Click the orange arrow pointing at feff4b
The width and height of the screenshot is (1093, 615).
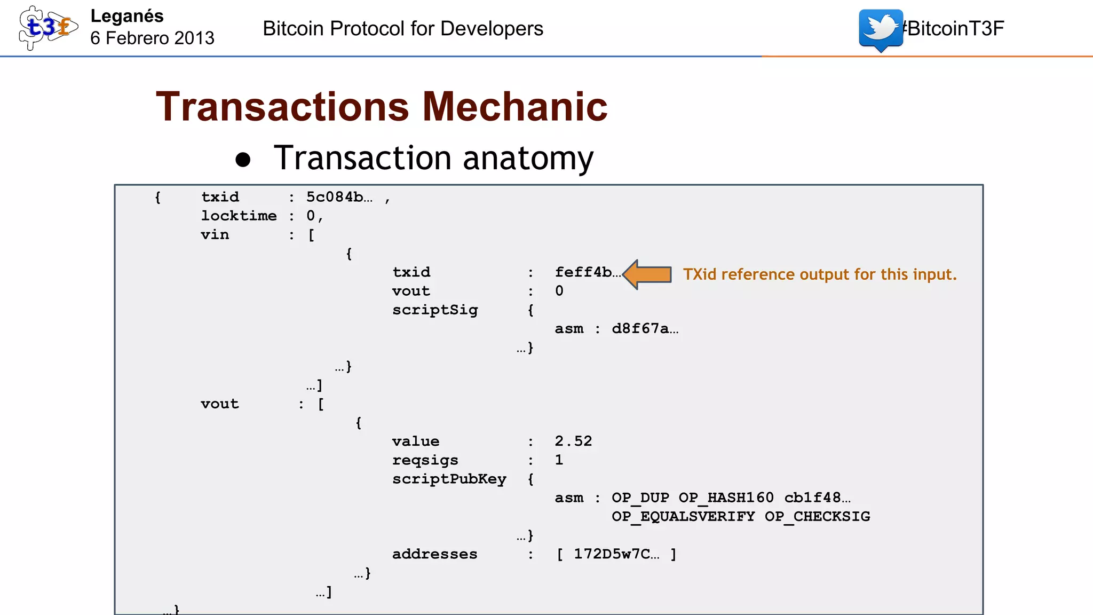click(x=647, y=274)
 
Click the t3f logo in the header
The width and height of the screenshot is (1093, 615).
click(x=47, y=27)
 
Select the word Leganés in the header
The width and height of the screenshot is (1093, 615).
click(x=127, y=16)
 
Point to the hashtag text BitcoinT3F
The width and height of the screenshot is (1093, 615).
click(x=954, y=28)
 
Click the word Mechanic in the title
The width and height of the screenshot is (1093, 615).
click(x=514, y=107)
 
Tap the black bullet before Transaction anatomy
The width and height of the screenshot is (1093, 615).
click(x=243, y=160)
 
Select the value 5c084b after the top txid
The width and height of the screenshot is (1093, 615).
click(x=338, y=197)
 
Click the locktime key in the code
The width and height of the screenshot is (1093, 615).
click(x=239, y=216)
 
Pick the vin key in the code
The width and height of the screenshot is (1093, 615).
click(x=215, y=234)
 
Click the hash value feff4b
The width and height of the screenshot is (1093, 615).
click(x=586, y=272)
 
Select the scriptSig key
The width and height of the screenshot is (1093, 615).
click(x=435, y=310)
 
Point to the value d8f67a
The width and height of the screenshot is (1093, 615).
click(x=644, y=328)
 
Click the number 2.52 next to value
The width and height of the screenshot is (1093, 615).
click(x=573, y=441)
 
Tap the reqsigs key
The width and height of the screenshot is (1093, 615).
click(x=425, y=460)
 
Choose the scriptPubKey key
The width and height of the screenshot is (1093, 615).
click(x=449, y=479)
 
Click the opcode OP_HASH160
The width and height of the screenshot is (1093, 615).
click(x=726, y=498)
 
